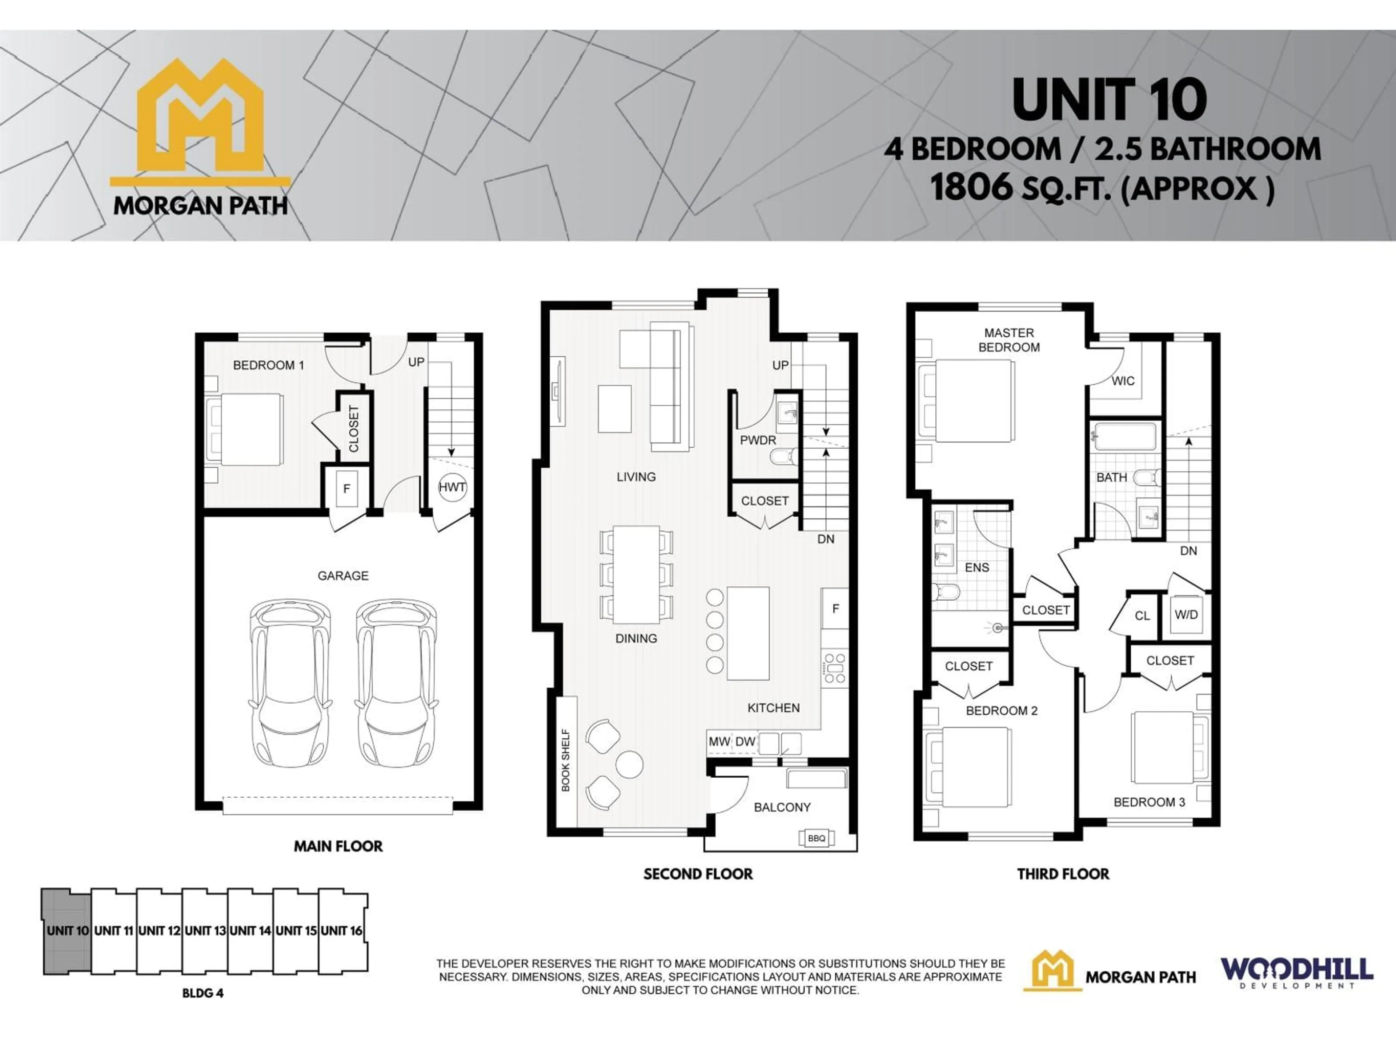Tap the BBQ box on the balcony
point(816,838)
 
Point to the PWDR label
point(758,440)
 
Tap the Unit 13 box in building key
point(204,931)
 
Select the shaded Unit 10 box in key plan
point(67,931)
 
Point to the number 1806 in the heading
point(971,188)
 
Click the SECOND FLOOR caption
point(698,874)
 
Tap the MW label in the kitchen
point(719,742)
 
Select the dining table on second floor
point(636,574)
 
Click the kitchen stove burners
point(834,668)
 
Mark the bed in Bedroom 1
point(246,430)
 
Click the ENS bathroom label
point(976,567)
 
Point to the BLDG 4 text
point(202,993)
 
